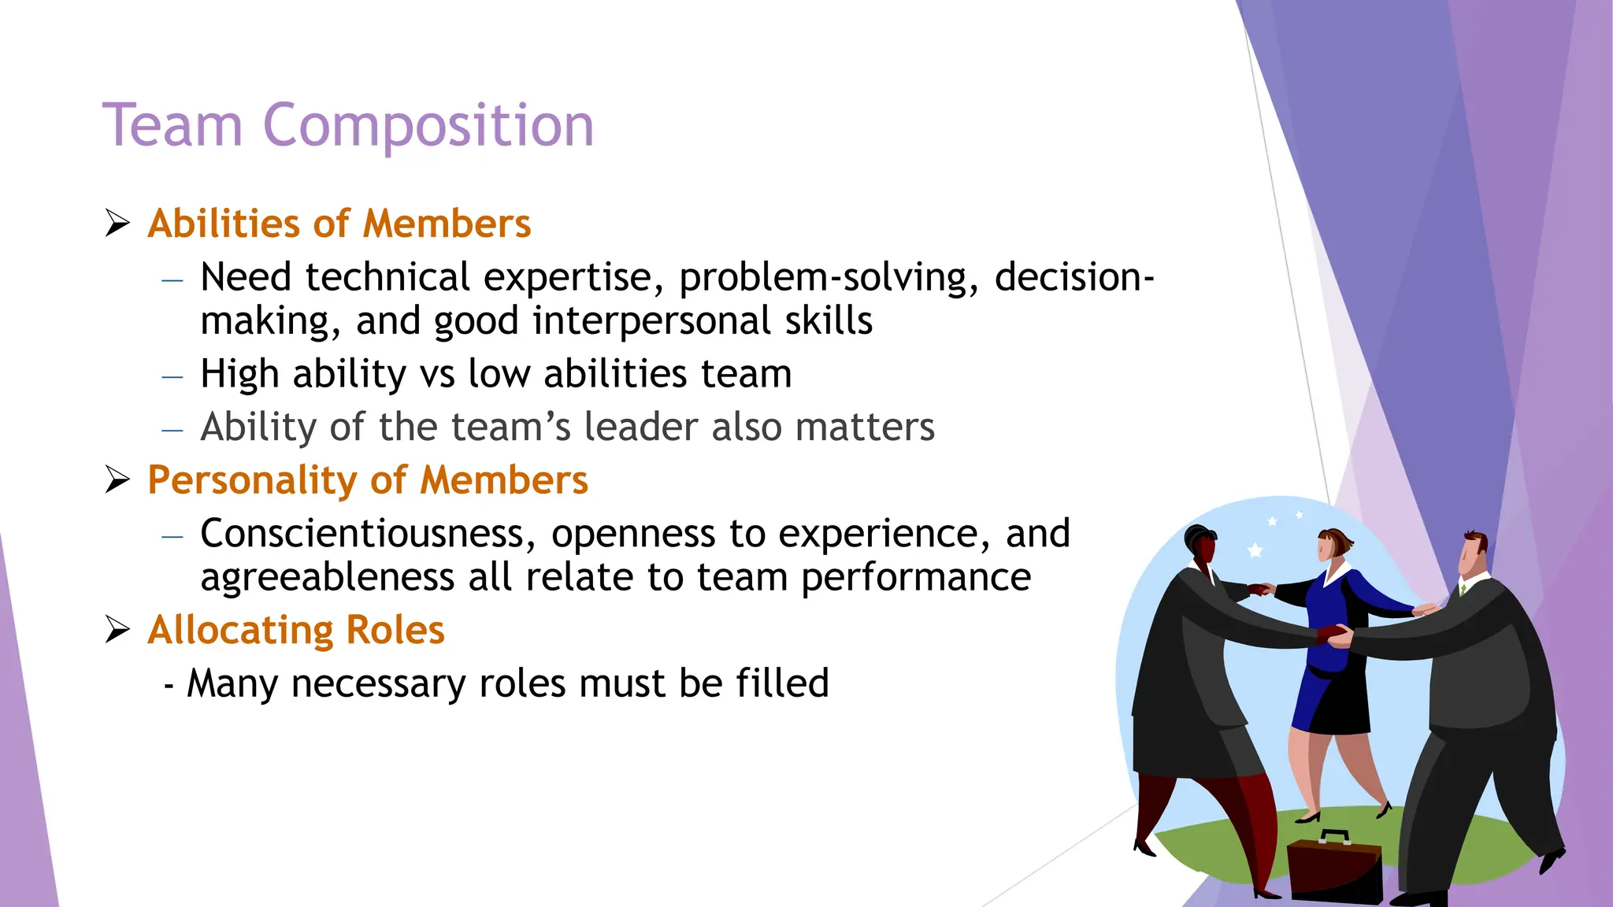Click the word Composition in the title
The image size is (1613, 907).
(428, 126)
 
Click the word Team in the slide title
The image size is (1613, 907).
(172, 126)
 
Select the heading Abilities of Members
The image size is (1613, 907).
(339, 224)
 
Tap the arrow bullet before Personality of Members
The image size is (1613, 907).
(117, 479)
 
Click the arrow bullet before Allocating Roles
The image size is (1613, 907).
(117, 629)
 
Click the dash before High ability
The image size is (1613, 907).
(172, 377)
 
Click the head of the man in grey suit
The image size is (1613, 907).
(1472, 552)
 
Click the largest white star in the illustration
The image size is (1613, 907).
(1255, 550)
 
